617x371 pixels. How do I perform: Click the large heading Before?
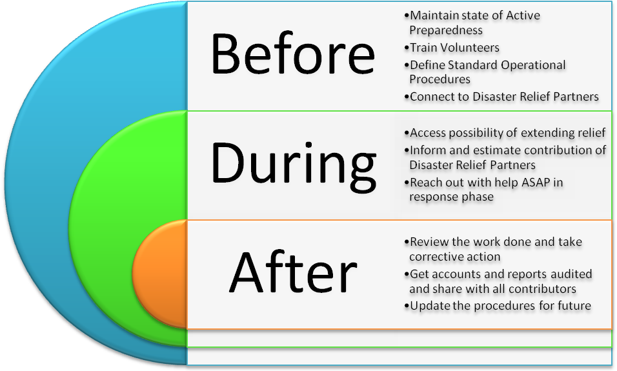(293, 54)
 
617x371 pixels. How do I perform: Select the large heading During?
(294, 165)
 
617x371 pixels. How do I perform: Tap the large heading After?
(293, 272)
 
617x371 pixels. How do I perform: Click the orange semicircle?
(159, 274)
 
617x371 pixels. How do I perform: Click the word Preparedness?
(446, 30)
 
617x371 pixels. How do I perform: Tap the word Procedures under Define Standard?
(440, 79)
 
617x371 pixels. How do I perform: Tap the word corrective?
(434, 257)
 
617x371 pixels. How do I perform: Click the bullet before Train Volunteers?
(407, 48)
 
